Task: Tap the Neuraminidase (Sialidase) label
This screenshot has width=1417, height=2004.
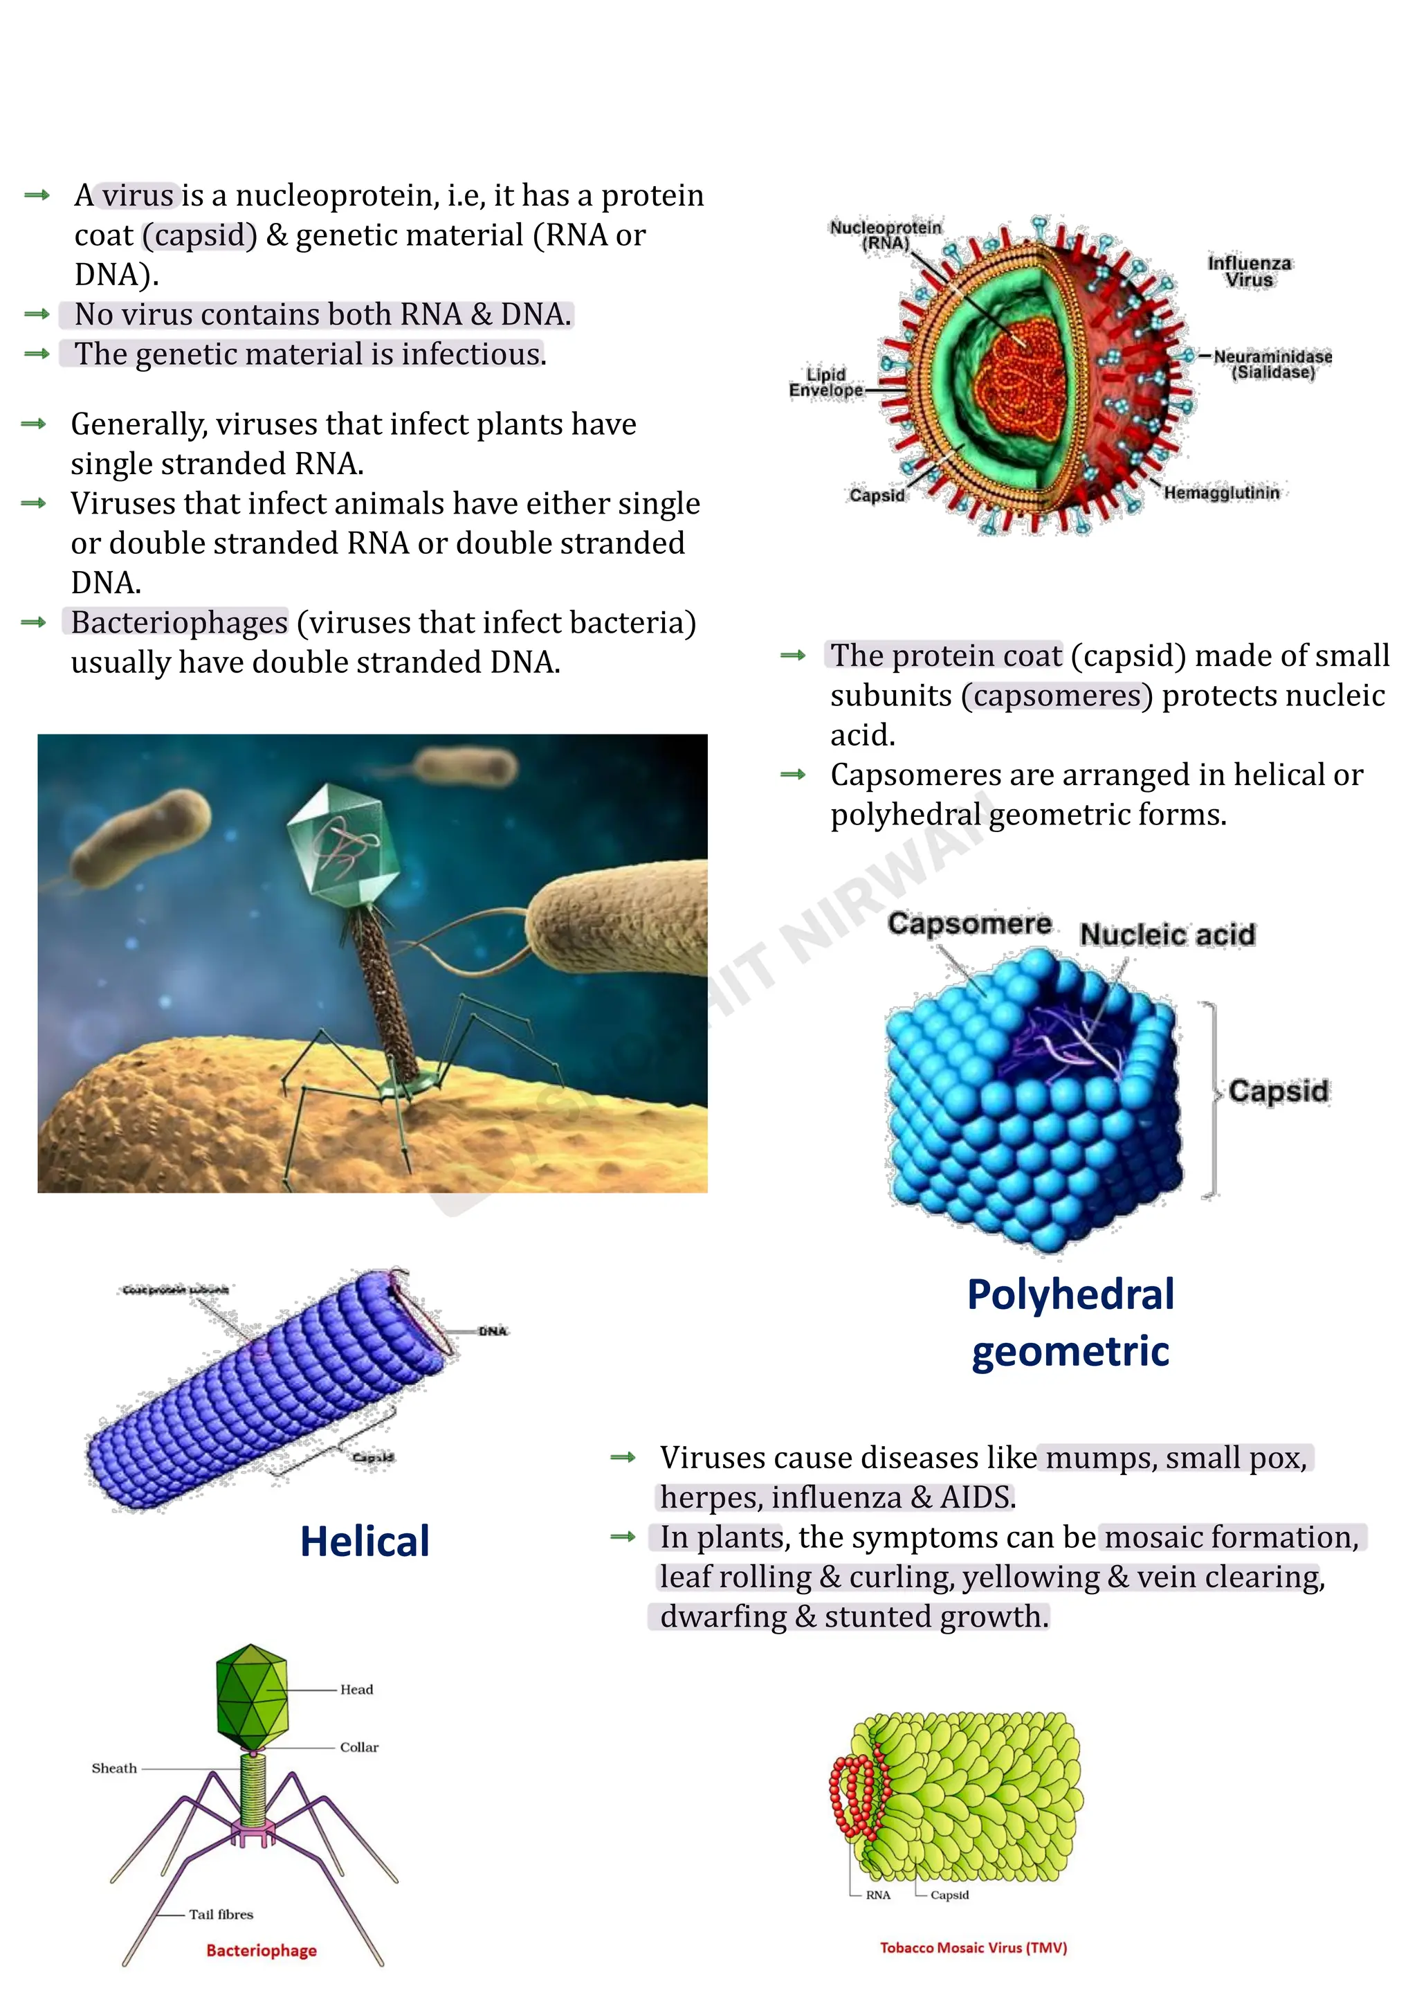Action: point(1272,364)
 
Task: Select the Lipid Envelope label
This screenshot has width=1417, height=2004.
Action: point(825,382)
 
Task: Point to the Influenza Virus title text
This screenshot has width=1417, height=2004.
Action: point(1249,271)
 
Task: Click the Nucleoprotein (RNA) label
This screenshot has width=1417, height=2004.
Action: point(885,235)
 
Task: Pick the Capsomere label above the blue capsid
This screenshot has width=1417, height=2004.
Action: point(969,923)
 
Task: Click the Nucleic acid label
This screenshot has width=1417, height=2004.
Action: point(1167,935)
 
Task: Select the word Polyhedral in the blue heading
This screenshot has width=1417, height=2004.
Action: point(1070,1294)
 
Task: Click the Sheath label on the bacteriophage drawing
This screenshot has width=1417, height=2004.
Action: point(114,1769)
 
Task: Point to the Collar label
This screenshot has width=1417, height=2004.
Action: point(358,1747)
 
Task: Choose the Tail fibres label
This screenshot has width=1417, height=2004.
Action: point(221,1915)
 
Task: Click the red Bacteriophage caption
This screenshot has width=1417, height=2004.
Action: point(261,1951)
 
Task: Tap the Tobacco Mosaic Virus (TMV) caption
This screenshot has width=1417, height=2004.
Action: point(973,1948)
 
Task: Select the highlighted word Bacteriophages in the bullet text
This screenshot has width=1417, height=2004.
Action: point(179,622)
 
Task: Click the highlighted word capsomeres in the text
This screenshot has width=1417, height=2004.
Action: point(1057,696)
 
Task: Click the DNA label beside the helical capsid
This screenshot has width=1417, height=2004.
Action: point(492,1331)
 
